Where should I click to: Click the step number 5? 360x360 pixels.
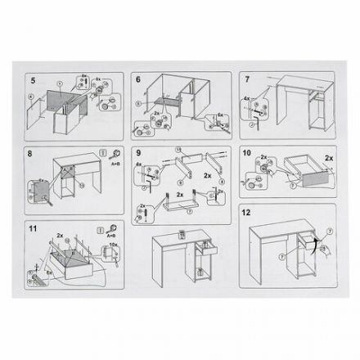pos(32,81)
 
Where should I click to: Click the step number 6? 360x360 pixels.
pos(138,80)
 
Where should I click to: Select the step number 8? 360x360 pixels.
pos(32,152)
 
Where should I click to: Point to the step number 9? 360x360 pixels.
pos(138,152)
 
